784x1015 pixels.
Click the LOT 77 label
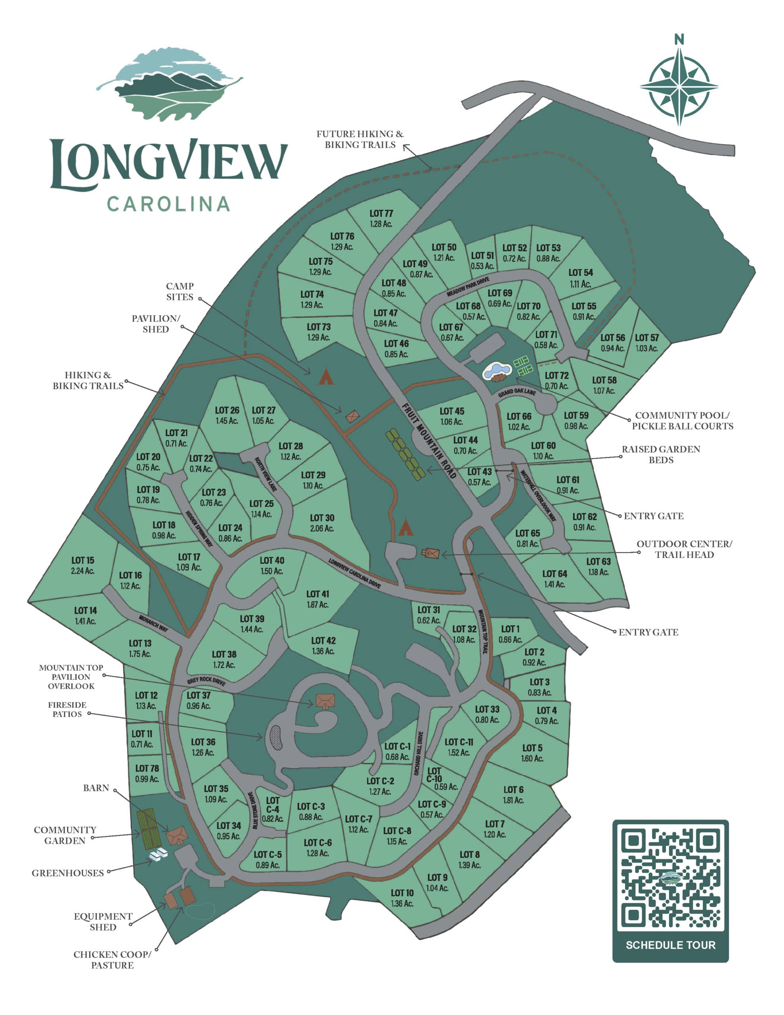(x=381, y=214)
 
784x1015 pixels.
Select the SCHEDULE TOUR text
(x=670, y=945)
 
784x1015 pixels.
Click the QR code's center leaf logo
(x=671, y=879)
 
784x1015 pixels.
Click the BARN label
(x=96, y=788)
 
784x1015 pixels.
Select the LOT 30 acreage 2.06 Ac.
(x=322, y=529)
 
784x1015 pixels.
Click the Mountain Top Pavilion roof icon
(x=325, y=700)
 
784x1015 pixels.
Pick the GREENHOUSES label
(x=68, y=873)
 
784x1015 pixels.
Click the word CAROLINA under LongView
(x=168, y=205)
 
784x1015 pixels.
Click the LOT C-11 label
(x=459, y=742)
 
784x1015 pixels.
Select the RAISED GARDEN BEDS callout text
(x=660, y=454)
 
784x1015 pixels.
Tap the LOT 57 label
(x=646, y=338)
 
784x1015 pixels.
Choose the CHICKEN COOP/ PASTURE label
(x=112, y=960)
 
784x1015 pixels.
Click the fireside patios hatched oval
(x=275, y=737)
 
